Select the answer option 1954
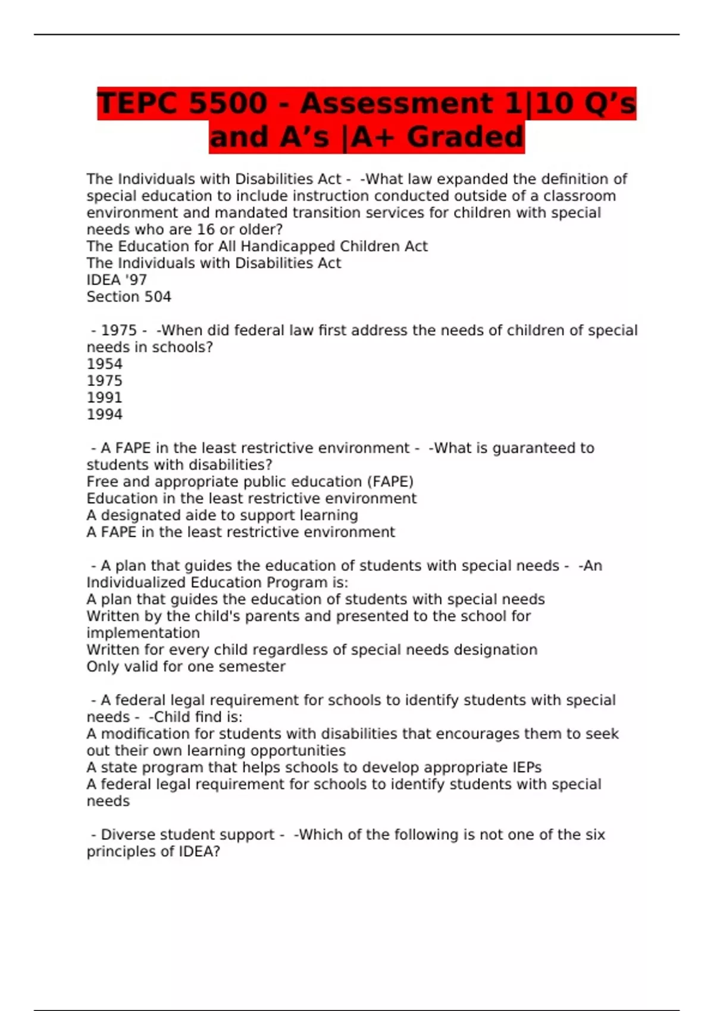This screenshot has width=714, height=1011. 105,364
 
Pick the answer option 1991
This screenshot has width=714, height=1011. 105,397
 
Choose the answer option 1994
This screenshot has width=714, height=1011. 105,415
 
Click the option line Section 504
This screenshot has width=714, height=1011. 129,297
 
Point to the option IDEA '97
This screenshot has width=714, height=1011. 117,280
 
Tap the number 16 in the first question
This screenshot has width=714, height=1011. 205,230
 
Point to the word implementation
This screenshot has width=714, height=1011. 143,633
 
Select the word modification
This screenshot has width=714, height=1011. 142,734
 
